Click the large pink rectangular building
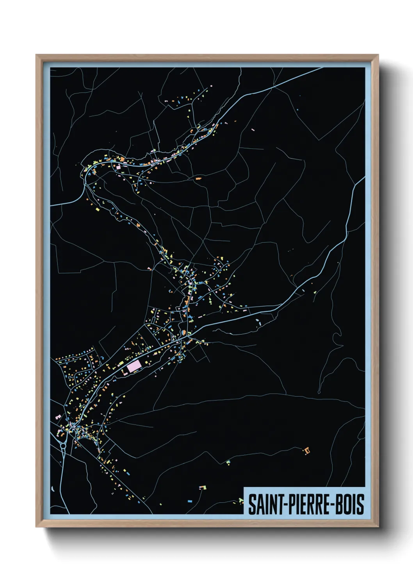(134, 366)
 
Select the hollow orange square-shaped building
(307, 451)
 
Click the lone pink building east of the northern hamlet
(253, 129)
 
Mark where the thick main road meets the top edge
(322, 68)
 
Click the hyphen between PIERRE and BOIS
(333, 505)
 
